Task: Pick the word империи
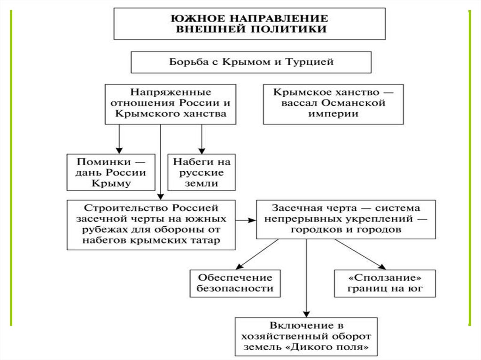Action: pyautogui.click(x=333, y=114)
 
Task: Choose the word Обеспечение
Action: pyautogui.click(x=235, y=277)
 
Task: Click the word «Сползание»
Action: pyautogui.click(x=385, y=277)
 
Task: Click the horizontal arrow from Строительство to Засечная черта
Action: pyautogui.click(x=245, y=220)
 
